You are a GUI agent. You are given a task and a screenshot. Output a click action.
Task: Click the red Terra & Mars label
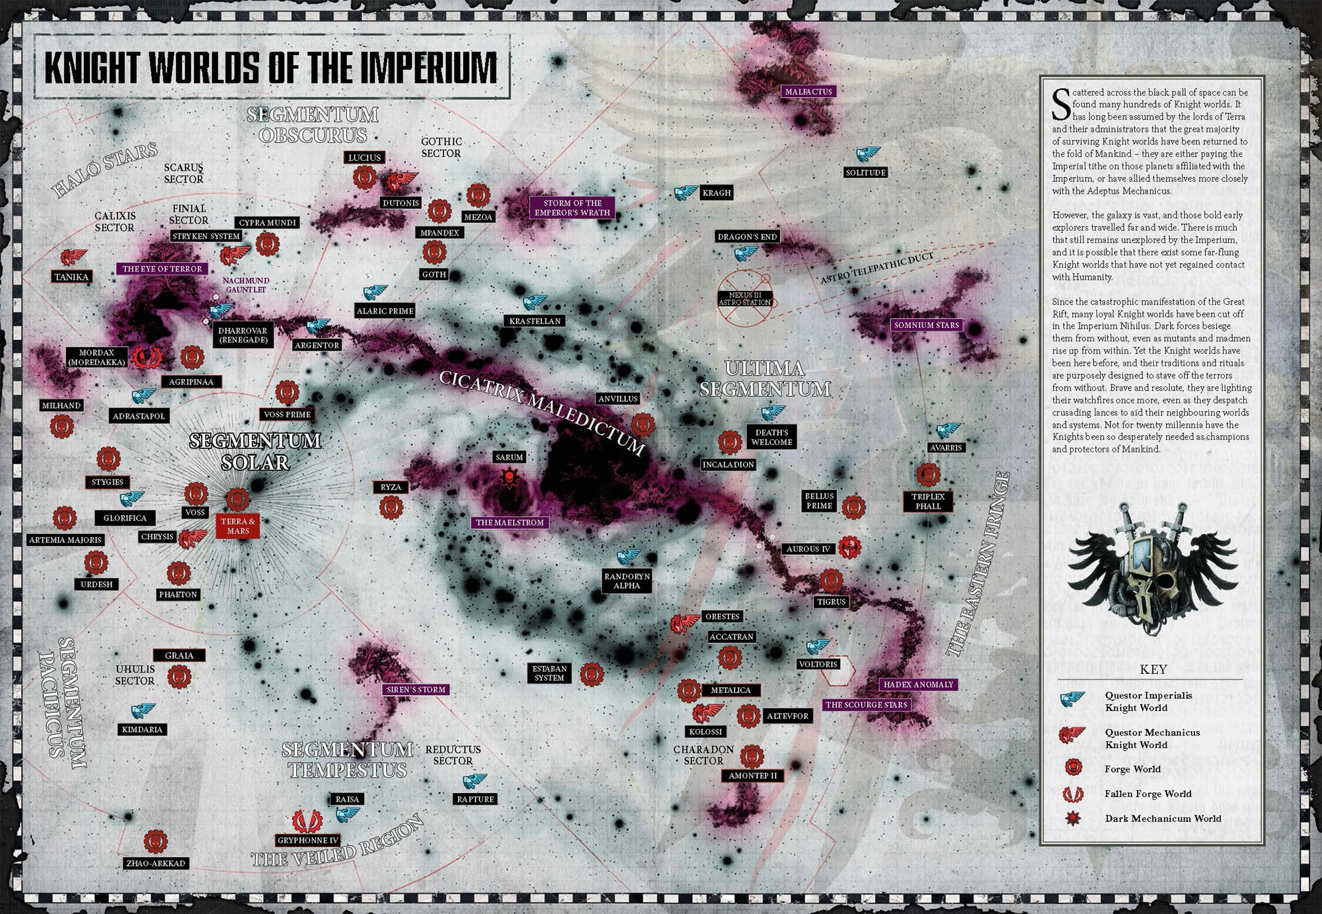pyautogui.click(x=238, y=526)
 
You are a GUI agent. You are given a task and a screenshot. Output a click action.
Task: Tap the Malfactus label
pyautogui.click(x=808, y=91)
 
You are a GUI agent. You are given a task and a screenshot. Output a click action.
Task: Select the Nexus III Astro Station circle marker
pyautogui.click(x=745, y=298)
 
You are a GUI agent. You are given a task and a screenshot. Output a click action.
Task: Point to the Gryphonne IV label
pyautogui.click(x=308, y=841)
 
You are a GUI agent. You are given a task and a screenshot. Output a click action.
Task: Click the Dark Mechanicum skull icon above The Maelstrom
pyautogui.click(x=510, y=478)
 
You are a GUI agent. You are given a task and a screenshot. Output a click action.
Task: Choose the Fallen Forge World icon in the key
pyautogui.click(x=1073, y=794)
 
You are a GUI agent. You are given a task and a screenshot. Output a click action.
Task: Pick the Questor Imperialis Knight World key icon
pyautogui.click(x=1073, y=700)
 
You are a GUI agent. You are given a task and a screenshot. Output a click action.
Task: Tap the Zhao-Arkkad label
pyautogui.click(x=155, y=863)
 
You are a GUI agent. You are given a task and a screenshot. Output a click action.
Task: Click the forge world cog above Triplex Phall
pyautogui.click(x=928, y=474)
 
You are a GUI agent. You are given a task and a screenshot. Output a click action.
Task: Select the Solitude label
pyautogui.click(x=865, y=173)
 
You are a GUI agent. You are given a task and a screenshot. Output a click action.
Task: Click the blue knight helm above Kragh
pyautogui.click(x=686, y=192)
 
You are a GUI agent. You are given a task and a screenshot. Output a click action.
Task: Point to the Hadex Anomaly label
pyautogui.click(x=918, y=685)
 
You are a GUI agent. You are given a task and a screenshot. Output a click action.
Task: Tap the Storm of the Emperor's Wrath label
pyautogui.click(x=572, y=208)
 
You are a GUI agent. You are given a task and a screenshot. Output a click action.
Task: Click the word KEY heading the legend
pyautogui.click(x=1153, y=669)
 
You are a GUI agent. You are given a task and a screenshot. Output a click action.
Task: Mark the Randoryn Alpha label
pyautogui.click(x=627, y=581)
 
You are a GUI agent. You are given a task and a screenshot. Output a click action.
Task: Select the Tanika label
pyautogui.click(x=71, y=277)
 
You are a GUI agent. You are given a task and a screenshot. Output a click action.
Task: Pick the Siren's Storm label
pyautogui.click(x=416, y=689)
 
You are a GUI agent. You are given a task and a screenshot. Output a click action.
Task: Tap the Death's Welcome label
pyautogui.click(x=771, y=437)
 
